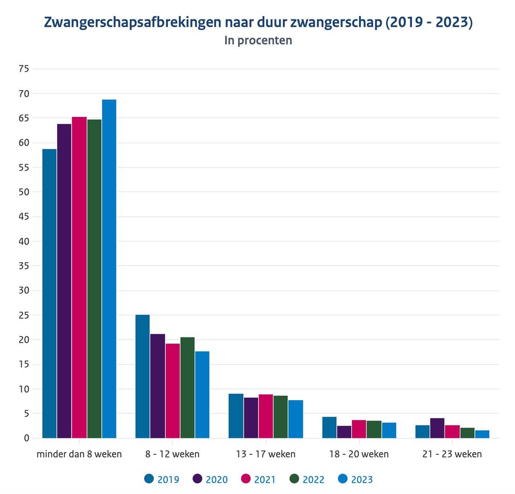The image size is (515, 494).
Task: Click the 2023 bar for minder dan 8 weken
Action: click(x=109, y=268)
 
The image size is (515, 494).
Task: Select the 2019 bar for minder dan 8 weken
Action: click(x=49, y=293)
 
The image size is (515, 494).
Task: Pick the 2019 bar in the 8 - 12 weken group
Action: click(x=143, y=376)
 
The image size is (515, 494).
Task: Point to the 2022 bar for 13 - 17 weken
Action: click(x=281, y=417)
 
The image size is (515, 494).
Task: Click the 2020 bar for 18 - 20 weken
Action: click(x=344, y=432)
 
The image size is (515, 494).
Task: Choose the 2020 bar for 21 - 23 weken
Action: click(x=437, y=428)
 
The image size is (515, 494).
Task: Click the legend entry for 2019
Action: click(x=162, y=479)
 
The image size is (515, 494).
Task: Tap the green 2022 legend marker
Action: click(x=294, y=479)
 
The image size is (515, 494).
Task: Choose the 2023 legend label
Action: click(x=362, y=479)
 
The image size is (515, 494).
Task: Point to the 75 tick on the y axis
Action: click(x=24, y=69)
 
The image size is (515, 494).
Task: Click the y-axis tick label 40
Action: click(x=24, y=241)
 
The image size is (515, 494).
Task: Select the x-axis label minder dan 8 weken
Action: click(x=79, y=454)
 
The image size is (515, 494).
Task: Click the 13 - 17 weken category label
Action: click(x=266, y=454)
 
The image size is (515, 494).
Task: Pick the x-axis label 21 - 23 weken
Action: click(x=452, y=454)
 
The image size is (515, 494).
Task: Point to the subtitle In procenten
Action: click(x=258, y=40)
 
